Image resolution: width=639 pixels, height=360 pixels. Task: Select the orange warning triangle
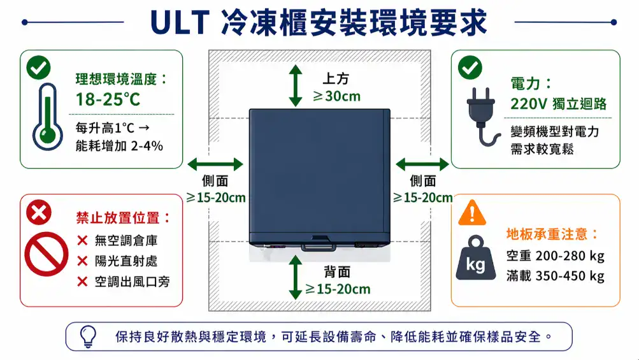point(472,212)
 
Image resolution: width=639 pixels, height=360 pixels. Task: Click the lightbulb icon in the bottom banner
point(88,336)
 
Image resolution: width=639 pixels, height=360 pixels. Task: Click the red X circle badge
point(38,212)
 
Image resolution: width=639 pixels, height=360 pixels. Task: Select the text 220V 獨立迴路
point(558,104)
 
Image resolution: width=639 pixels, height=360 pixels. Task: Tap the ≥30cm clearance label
point(336,96)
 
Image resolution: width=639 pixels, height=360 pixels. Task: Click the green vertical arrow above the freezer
point(295,84)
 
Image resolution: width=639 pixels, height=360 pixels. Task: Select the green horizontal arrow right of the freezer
point(422,164)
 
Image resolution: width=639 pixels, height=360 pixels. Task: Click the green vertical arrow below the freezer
point(295,277)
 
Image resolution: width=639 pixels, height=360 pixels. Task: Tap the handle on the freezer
point(319,244)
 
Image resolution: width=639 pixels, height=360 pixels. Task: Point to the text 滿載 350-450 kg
point(555,276)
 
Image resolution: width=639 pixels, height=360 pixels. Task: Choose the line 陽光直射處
point(126,261)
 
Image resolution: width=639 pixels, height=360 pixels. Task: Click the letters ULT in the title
point(180,22)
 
